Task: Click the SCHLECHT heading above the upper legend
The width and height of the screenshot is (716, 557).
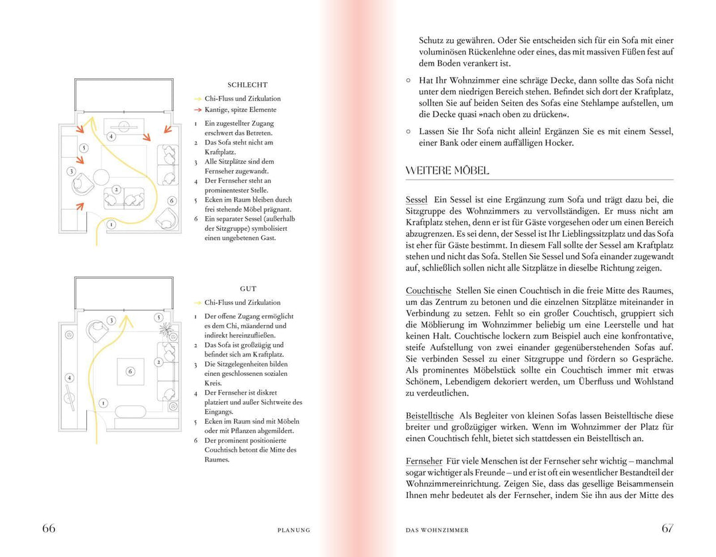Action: (247, 85)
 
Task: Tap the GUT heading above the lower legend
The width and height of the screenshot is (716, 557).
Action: (248, 289)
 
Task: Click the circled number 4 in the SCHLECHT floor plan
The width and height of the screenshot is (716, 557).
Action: (111, 137)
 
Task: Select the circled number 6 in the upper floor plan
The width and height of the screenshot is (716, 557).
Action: (171, 200)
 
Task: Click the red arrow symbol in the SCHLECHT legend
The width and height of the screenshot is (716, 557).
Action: (197, 110)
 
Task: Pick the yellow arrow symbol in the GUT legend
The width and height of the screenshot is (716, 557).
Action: (197, 303)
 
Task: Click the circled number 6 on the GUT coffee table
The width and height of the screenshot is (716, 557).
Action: (130, 371)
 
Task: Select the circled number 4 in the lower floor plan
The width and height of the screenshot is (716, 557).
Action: (69, 377)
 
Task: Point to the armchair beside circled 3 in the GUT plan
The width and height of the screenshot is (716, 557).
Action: (97, 326)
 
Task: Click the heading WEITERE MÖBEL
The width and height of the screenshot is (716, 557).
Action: (447, 171)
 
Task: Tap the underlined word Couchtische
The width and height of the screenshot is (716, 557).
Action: (428, 291)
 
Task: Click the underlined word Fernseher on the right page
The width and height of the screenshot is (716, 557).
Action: (424, 461)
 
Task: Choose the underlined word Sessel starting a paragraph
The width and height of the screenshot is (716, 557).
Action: (416, 200)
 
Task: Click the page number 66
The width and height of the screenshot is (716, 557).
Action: (49, 528)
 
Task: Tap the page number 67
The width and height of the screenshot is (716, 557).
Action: (667, 528)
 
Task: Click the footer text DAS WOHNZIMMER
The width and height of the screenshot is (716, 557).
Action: (437, 530)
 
